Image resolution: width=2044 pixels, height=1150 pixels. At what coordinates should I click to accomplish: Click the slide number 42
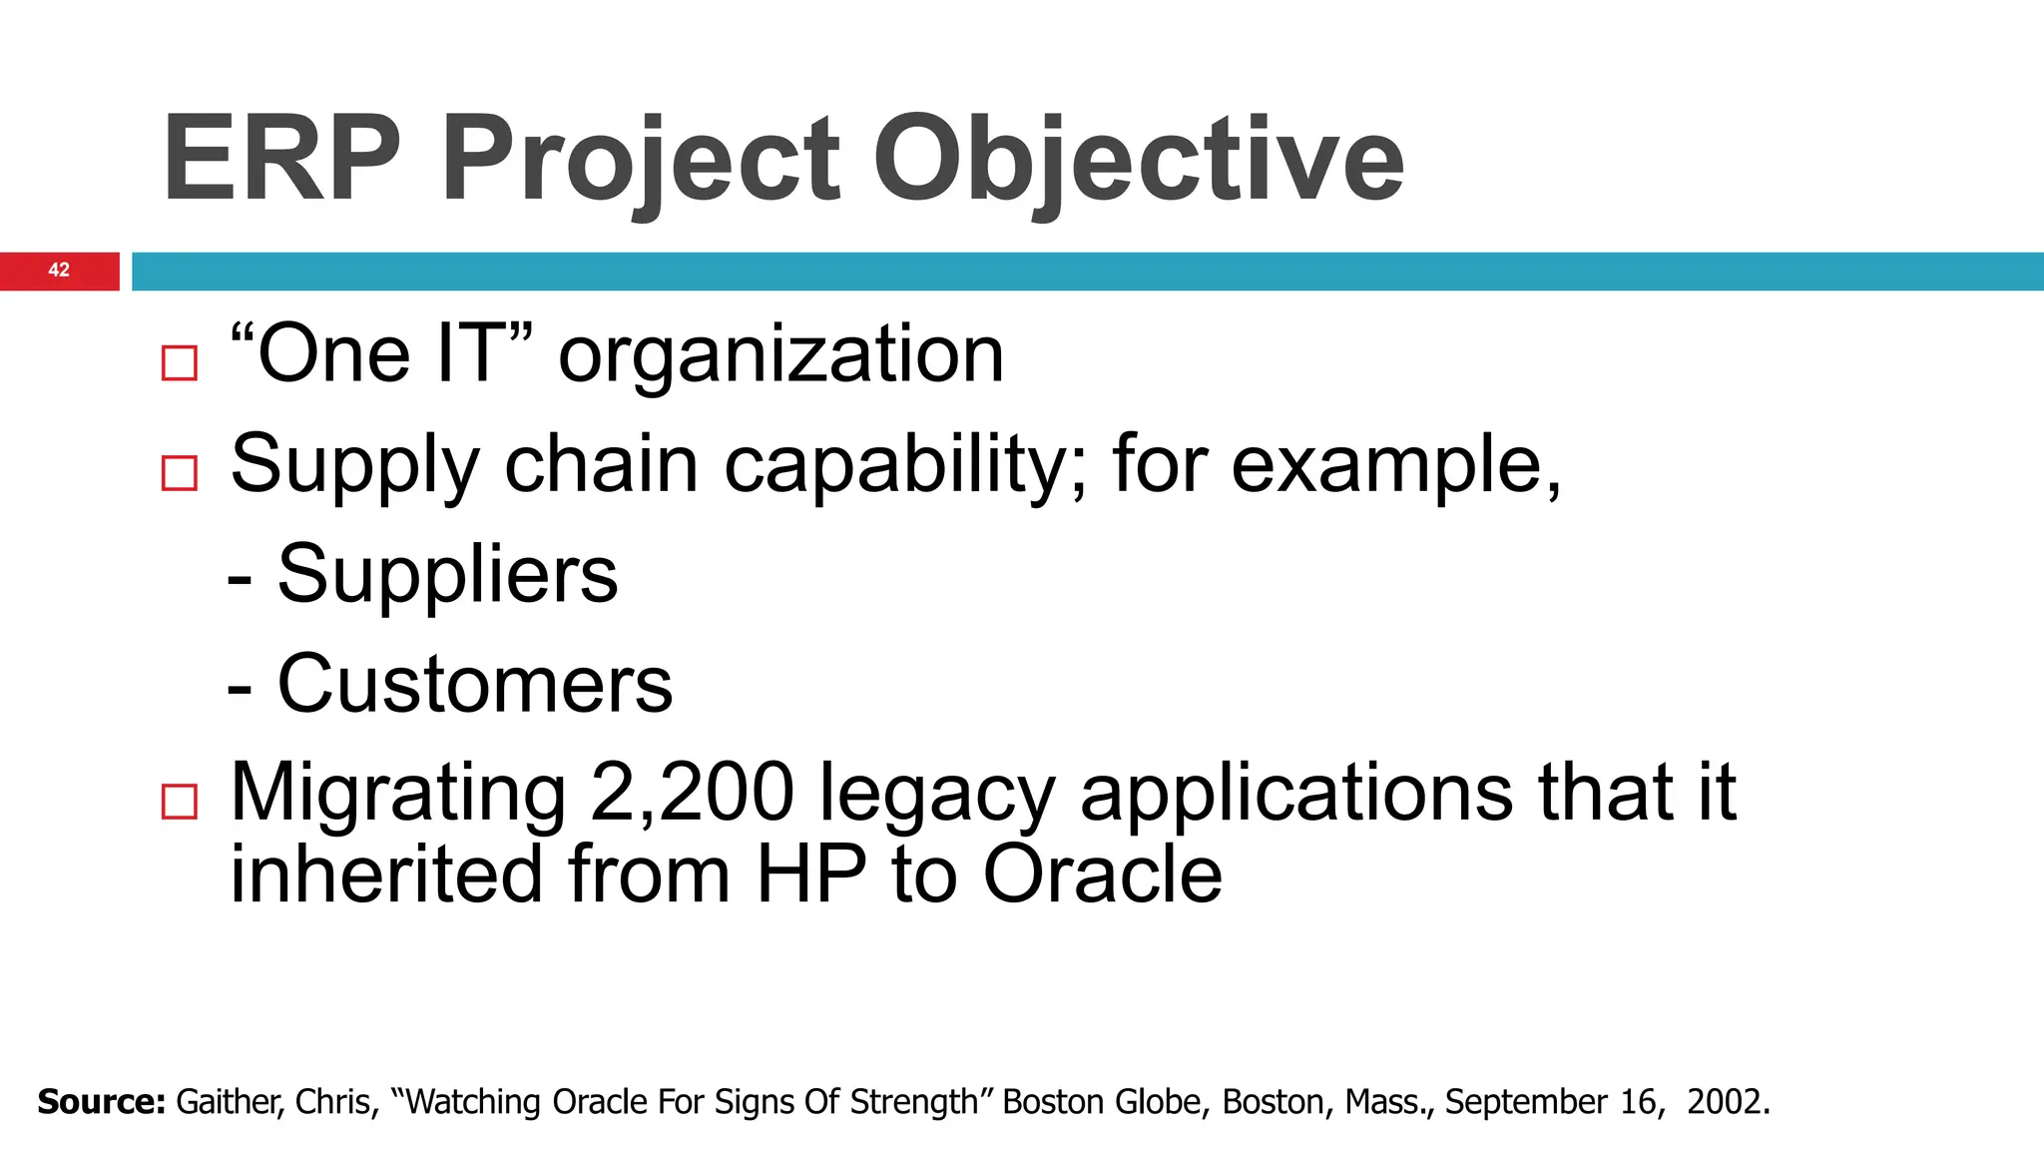tap(59, 271)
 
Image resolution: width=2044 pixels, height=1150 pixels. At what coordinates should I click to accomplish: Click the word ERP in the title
tap(281, 160)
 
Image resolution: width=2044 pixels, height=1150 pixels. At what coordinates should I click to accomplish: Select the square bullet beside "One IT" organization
tap(180, 362)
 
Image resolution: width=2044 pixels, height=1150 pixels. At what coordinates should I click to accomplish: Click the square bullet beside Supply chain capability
tap(180, 472)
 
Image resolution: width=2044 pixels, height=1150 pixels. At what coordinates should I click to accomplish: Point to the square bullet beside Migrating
tap(180, 801)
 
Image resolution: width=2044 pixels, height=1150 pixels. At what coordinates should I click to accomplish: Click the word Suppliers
tap(447, 574)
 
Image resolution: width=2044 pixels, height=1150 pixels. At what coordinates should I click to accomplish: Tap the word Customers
tap(474, 684)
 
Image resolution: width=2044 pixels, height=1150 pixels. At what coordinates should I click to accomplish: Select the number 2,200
tap(692, 794)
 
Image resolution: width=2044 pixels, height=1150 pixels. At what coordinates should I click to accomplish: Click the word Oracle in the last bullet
tap(1102, 874)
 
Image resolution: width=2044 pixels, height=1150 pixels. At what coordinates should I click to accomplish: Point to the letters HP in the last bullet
tap(810, 874)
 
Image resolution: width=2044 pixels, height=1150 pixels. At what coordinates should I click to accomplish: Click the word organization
tap(780, 355)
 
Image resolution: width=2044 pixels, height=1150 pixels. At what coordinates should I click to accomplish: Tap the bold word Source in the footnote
tap(101, 1102)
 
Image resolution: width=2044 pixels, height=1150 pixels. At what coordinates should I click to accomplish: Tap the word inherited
tap(386, 874)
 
